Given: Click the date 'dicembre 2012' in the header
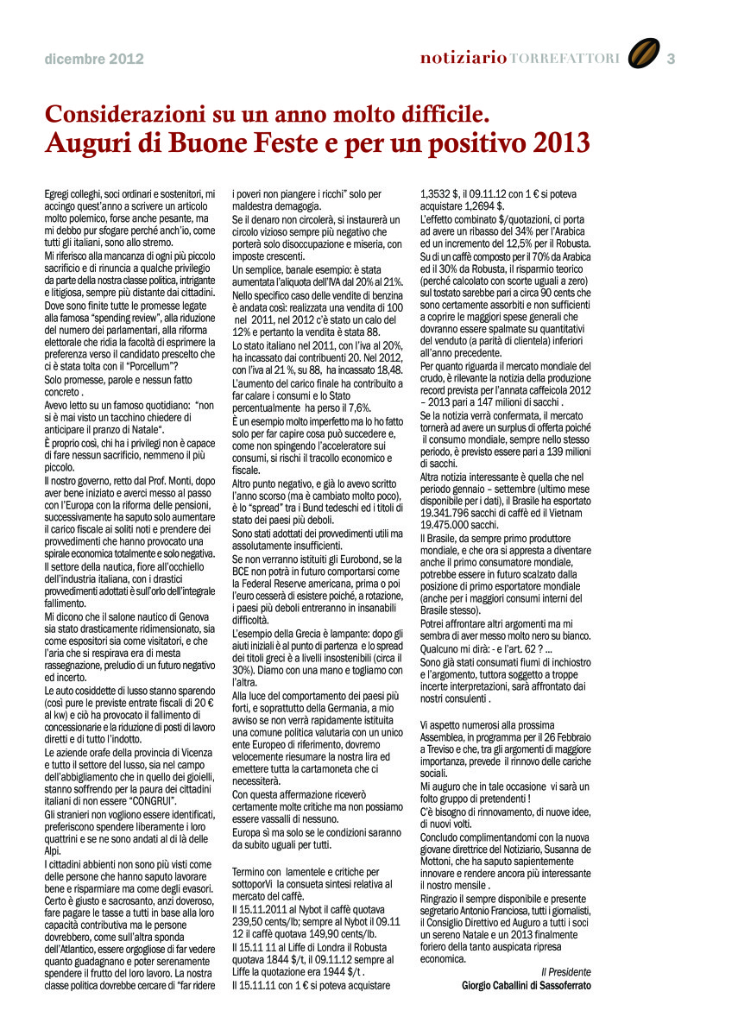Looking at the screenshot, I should pyautogui.click(x=94, y=60).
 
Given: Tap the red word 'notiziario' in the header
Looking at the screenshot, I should pyautogui.click(x=464, y=59).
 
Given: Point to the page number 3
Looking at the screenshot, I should pyautogui.click(x=671, y=59).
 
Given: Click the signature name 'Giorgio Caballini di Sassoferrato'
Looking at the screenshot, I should pyautogui.click(x=527, y=985).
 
